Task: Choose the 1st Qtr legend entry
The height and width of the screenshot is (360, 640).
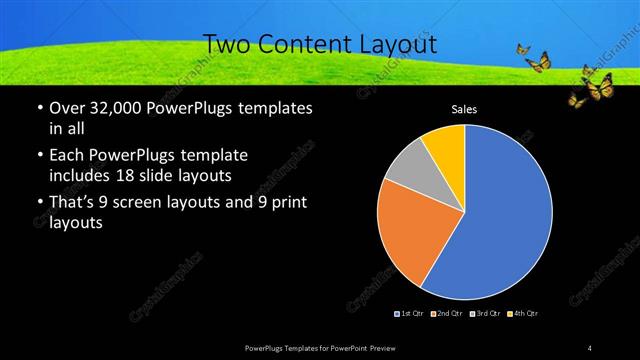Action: [x=410, y=313]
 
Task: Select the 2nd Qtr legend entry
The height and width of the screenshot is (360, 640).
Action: [x=445, y=313]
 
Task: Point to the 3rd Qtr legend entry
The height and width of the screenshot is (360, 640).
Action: [x=484, y=313]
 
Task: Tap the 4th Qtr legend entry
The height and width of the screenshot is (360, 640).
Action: [x=523, y=313]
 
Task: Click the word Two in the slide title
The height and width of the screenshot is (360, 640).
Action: [x=227, y=44]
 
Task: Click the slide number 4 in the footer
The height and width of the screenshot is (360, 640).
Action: [x=590, y=347]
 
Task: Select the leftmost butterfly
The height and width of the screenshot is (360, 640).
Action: [x=523, y=48]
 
